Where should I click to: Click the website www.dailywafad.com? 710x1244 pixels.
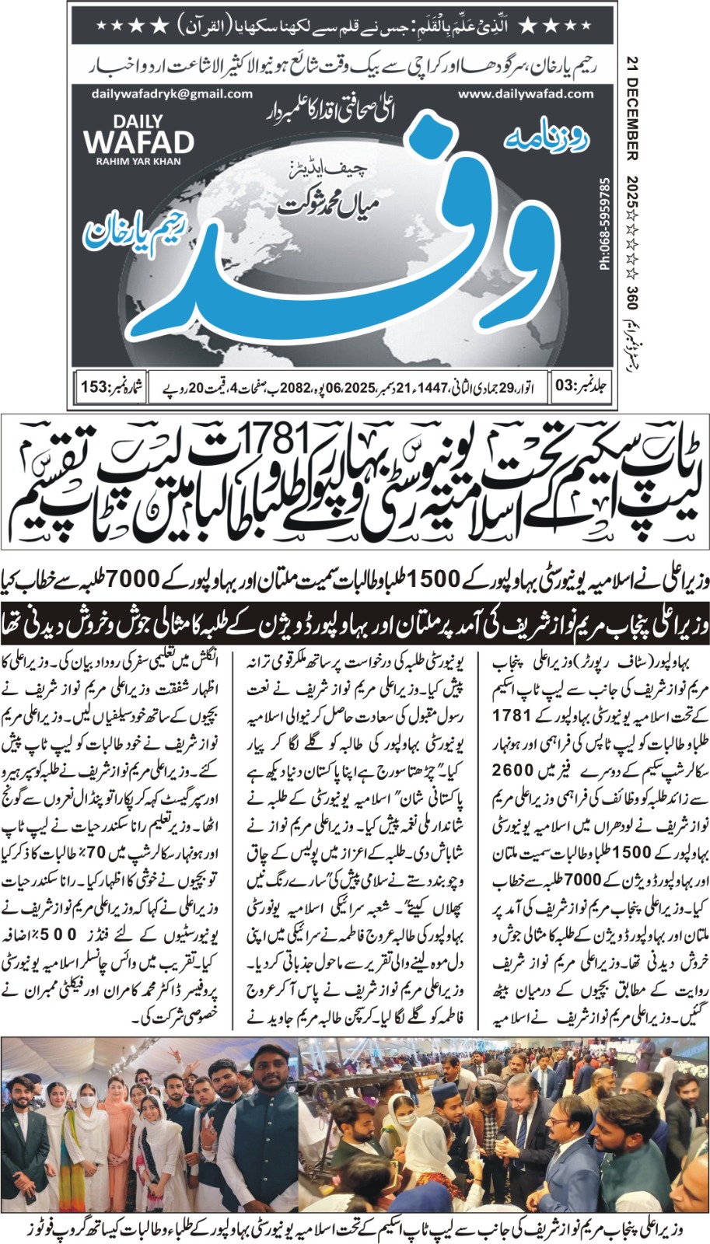coord(525,93)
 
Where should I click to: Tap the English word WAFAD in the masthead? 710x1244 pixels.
coord(138,142)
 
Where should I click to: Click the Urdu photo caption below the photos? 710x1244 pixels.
coord(355,1229)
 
